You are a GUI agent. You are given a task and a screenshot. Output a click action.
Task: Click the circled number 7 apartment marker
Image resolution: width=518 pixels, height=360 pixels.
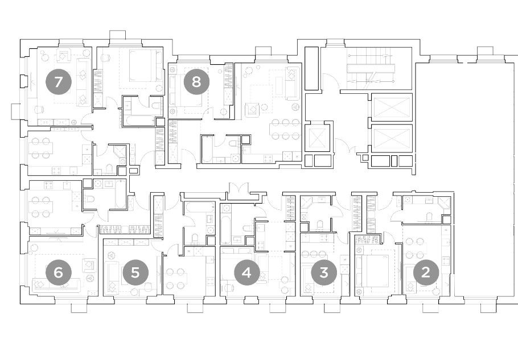pos(58,81)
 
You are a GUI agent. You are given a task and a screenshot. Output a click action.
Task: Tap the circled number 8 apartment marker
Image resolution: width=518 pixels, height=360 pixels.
pos(196,81)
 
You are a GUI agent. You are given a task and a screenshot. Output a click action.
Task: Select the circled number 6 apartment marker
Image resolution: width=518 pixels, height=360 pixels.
pos(58,273)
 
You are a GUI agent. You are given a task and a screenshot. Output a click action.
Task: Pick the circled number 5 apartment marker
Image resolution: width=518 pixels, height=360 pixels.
pos(135,273)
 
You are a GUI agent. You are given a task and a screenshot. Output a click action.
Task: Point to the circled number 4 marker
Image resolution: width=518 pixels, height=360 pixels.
pos(247,273)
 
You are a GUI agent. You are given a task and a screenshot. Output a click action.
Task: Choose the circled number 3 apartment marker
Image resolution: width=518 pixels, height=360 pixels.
pos(324,273)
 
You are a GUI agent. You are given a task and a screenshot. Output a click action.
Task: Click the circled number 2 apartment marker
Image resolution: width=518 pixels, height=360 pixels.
pos(426,273)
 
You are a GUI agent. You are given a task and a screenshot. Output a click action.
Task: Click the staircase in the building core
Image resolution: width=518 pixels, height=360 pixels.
pos(371,68)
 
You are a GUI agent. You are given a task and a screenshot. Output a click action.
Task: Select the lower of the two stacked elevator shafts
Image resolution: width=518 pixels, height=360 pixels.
pos(392,139)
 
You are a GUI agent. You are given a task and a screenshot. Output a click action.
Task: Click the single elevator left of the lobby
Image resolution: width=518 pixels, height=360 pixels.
pos(318,138)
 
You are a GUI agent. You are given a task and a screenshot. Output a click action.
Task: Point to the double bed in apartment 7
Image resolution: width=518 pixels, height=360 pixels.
pos(145,65)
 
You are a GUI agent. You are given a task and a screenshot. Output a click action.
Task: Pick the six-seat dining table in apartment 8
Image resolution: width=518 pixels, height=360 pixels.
pos(286,129)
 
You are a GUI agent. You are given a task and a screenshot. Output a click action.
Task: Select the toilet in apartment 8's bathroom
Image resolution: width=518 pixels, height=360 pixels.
pos(234,143)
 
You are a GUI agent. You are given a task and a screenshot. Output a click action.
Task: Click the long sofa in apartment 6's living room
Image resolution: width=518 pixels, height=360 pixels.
pos(57,285)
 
